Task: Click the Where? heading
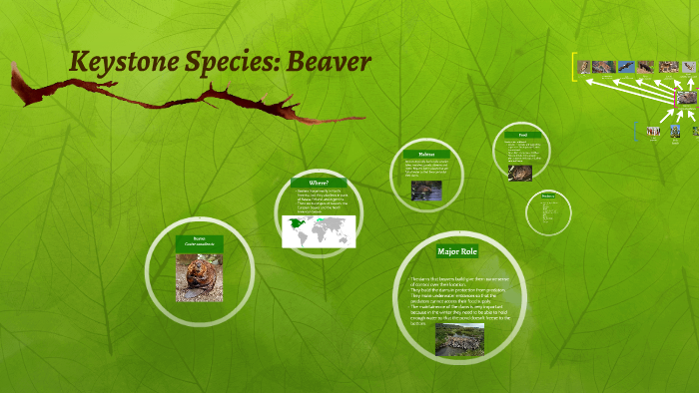tap(319, 183)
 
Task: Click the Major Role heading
tap(459, 250)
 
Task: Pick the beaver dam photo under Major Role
tap(459, 338)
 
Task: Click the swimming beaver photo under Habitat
tap(425, 190)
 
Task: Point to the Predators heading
tap(547, 196)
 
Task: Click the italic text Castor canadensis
tap(199, 246)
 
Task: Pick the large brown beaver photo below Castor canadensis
tap(198, 277)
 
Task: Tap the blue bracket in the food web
tap(636, 130)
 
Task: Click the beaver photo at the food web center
tap(686, 98)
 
